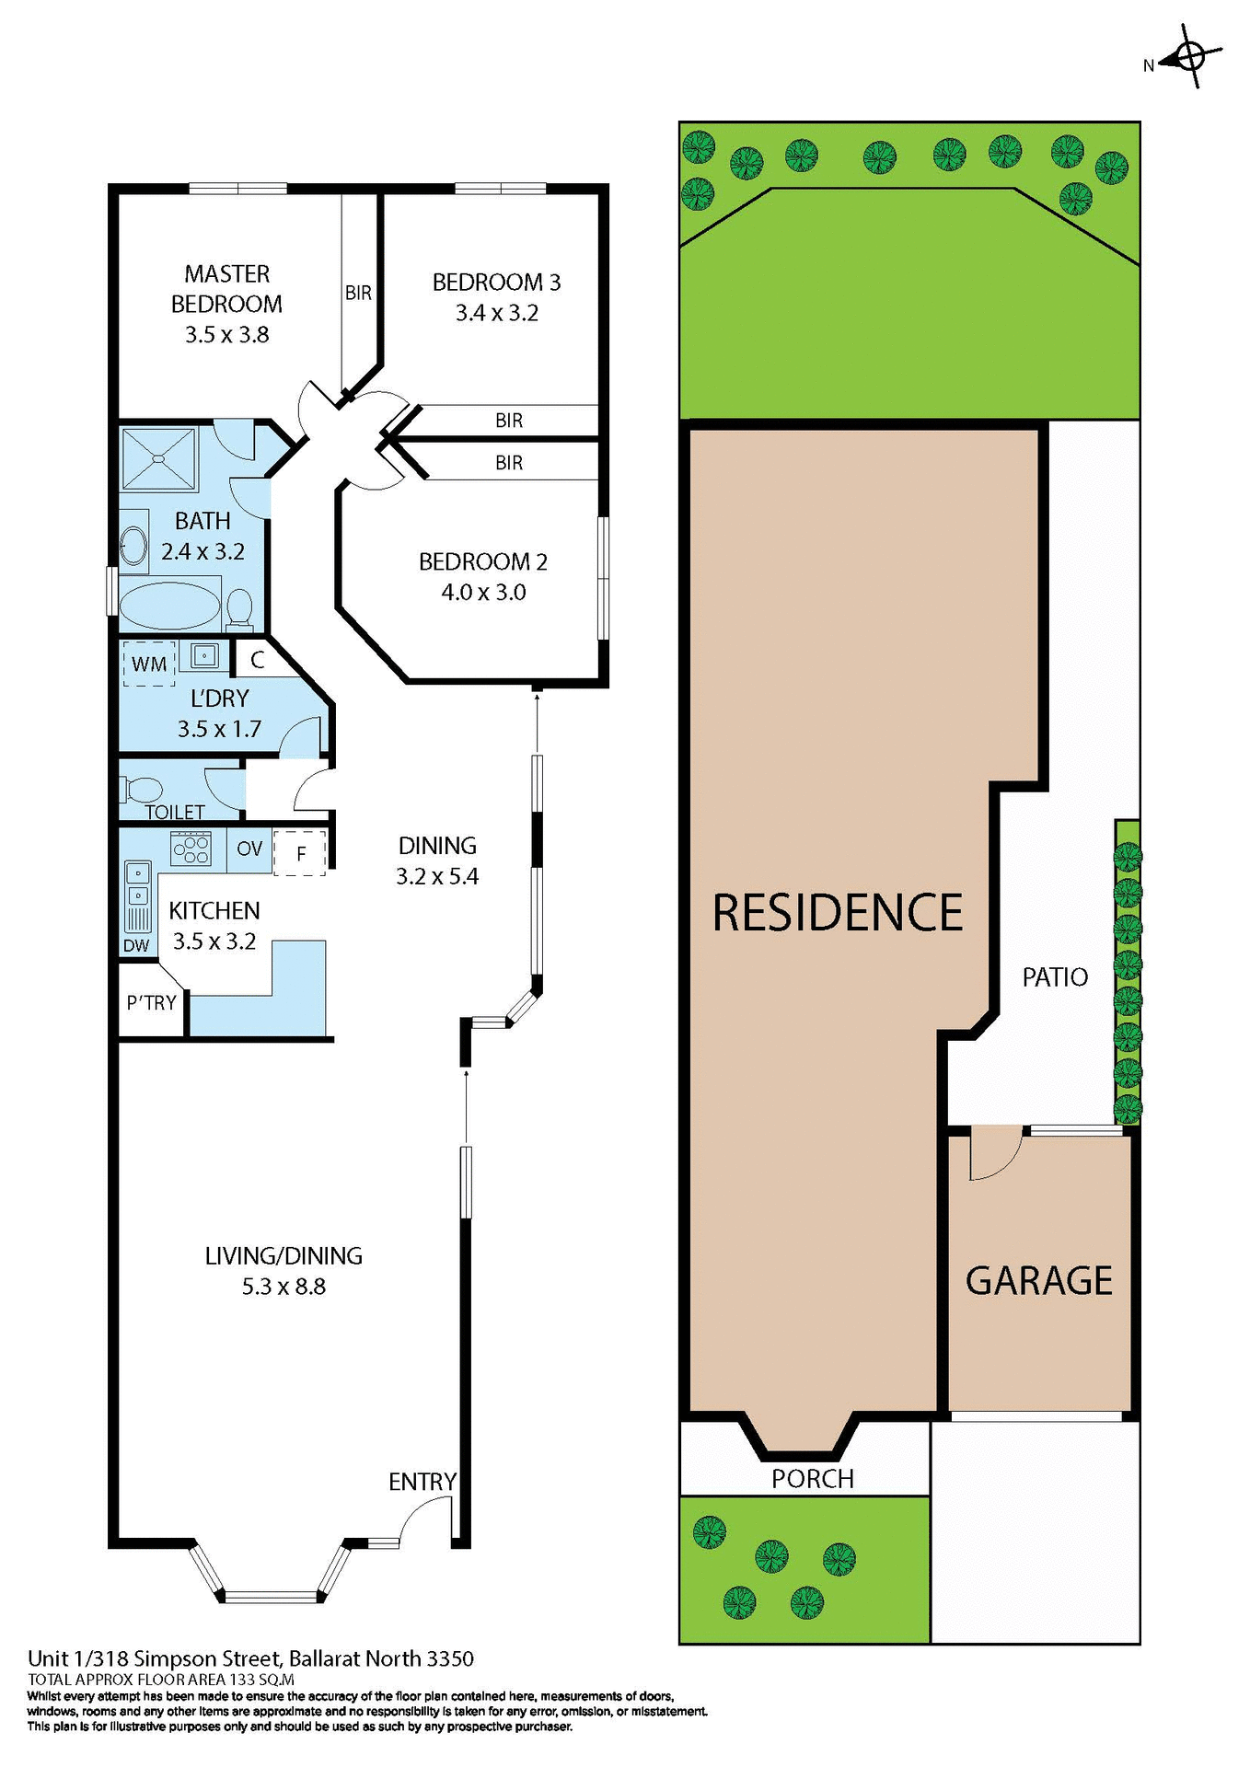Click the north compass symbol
pos(1190,58)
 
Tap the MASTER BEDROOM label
pos(226,289)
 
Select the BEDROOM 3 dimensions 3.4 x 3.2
pos(496,313)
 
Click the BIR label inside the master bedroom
pos(358,293)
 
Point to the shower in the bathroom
pos(159,458)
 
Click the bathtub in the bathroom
pos(170,606)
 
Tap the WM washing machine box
pos(149,664)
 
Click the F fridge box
pos(300,853)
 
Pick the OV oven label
pos(249,849)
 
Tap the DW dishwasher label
pos(136,945)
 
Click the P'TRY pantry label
pos(151,1003)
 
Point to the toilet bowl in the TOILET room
pos(142,790)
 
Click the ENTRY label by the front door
pos(422,1482)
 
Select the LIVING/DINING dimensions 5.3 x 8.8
pos(284,1287)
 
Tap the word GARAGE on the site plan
pos(1038,1281)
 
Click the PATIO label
pos(1055,977)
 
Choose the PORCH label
pos(813,1479)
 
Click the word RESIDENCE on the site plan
pos(838,913)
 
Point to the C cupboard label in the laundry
pos(258,659)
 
